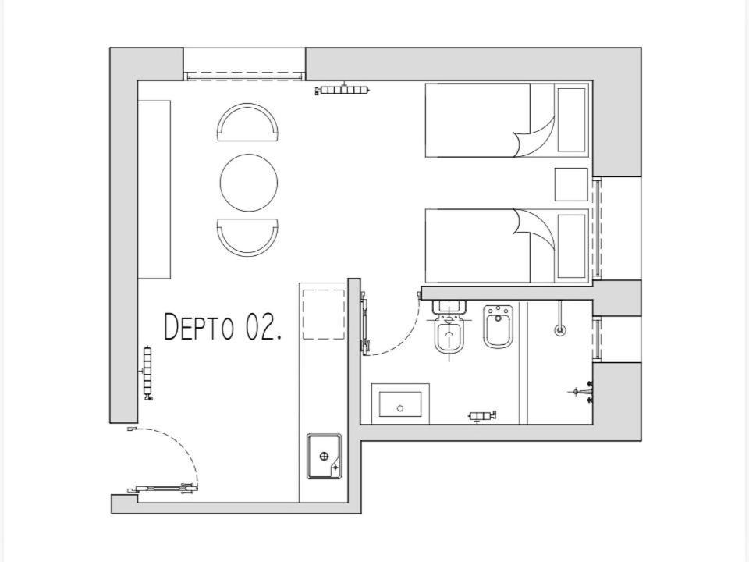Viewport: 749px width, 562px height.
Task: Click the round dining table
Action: [249, 183]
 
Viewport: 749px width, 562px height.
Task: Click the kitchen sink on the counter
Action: [324, 457]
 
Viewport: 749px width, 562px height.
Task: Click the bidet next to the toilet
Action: [499, 327]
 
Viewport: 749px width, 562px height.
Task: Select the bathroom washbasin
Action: [400, 404]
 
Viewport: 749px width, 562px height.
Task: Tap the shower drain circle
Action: [560, 329]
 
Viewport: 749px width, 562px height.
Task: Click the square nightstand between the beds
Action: [571, 184]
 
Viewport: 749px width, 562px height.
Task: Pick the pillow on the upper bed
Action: [572, 119]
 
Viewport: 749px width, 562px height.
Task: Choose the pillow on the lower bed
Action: [572, 246]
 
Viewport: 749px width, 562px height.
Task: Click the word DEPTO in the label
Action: [199, 327]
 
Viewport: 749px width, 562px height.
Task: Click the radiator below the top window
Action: [343, 89]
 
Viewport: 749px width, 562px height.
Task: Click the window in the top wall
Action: [244, 76]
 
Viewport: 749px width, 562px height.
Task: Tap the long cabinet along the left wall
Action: [154, 189]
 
